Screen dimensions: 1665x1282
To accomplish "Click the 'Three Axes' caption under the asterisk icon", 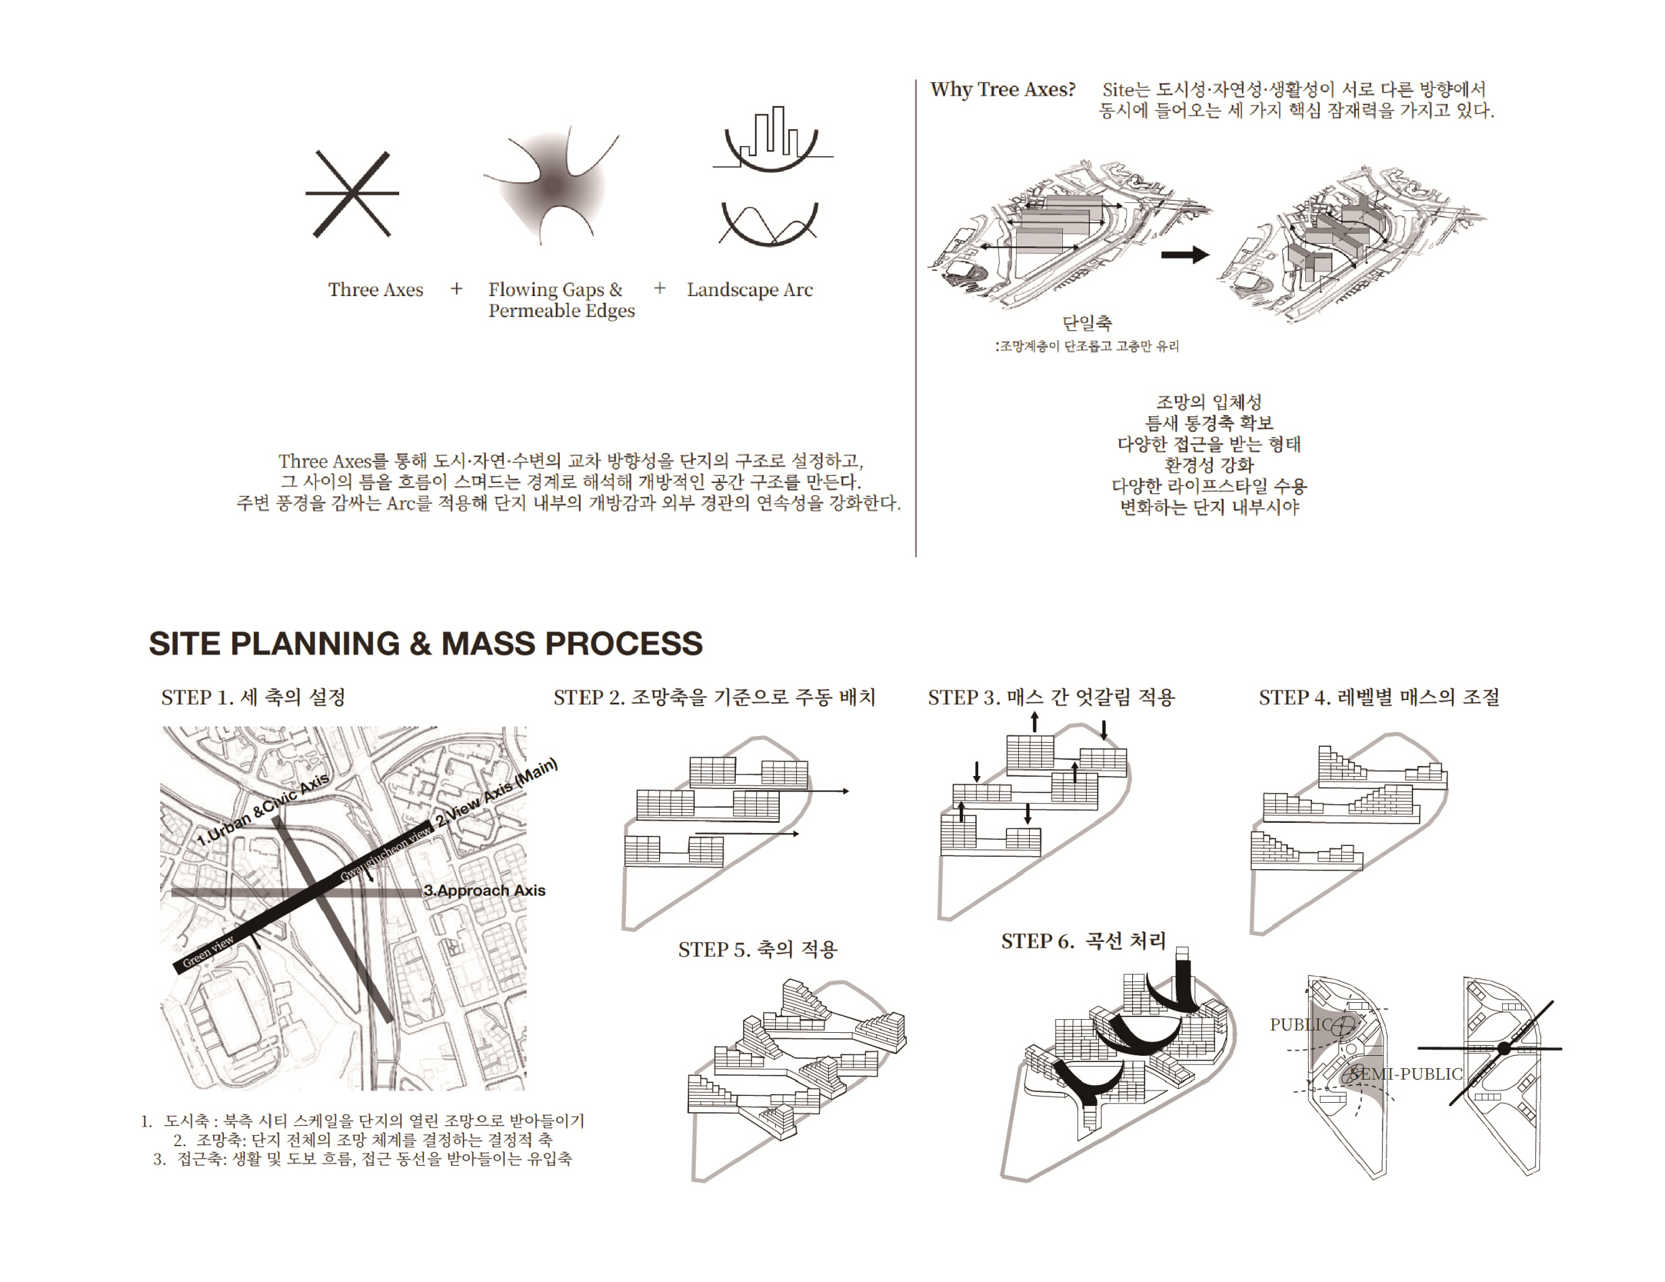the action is click(375, 290).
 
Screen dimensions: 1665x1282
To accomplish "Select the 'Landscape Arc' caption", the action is click(749, 290).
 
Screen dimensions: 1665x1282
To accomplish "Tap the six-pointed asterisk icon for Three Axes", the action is click(352, 194).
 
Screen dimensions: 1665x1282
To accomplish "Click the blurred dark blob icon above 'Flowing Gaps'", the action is click(551, 185).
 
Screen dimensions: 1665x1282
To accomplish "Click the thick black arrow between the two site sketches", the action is click(1184, 255).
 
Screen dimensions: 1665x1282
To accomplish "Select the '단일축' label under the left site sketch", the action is click(1087, 323).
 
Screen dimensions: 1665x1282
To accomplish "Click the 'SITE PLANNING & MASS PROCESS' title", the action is click(426, 644).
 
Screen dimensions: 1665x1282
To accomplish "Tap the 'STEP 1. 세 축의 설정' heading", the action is click(253, 697).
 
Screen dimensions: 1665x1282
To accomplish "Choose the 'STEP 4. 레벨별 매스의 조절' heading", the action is click(1379, 697).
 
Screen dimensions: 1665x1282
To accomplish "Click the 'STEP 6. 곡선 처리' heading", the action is click(1083, 941).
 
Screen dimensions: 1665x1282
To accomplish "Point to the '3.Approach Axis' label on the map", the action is click(485, 890).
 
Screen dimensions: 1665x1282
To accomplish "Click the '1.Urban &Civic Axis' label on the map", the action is click(263, 809).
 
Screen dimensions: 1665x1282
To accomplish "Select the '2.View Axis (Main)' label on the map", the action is click(497, 793).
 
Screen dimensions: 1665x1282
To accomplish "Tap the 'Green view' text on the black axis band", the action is click(208, 952).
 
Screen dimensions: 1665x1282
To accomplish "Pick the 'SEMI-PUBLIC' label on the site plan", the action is click(1405, 1074).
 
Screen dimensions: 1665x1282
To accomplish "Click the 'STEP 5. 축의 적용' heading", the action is click(757, 949).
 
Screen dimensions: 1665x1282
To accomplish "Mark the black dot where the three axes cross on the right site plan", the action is click(1504, 1048).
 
